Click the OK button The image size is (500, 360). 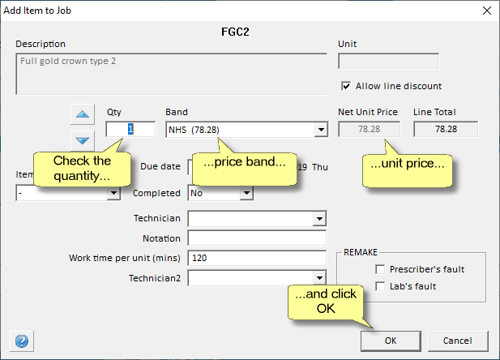(x=391, y=341)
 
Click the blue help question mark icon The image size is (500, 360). (x=22, y=341)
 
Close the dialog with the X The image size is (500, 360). (x=486, y=11)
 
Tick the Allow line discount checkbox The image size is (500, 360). (x=346, y=86)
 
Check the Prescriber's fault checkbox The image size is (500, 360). (x=380, y=269)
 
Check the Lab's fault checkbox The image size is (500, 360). (x=380, y=286)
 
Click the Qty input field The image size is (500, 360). (x=130, y=129)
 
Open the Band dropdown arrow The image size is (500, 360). (x=321, y=130)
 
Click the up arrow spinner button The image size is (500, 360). (x=83, y=114)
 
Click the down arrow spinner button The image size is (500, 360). (x=83, y=140)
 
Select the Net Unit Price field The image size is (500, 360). (x=369, y=129)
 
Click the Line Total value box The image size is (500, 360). (x=446, y=129)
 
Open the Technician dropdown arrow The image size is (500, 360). (x=319, y=219)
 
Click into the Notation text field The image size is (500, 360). (x=257, y=238)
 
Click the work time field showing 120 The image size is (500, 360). (x=257, y=258)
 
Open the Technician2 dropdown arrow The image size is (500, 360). (x=319, y=278)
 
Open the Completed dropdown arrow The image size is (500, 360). (x=246, y=193)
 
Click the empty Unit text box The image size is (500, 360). (x=388, y=61)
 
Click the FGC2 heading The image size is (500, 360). (x=235, y=32)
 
